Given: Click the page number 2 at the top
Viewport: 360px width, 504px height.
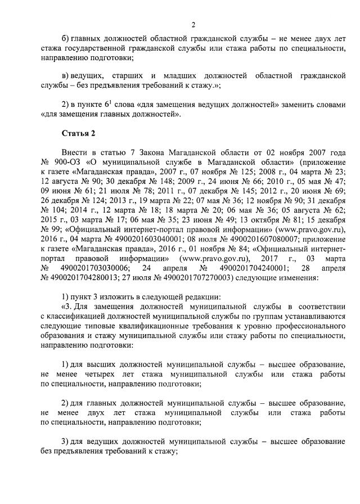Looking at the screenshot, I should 193,24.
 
